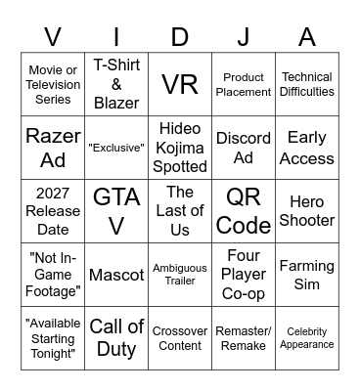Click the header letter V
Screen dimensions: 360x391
(x=53, y=37)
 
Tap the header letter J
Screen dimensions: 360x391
(x=244, y=37)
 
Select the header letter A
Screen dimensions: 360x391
(x=307, y=37)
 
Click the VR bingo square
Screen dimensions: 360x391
(x=180, y=84)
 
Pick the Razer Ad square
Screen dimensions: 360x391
(x=53, y=147)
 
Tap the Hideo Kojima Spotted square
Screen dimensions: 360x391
(x=180, y=147)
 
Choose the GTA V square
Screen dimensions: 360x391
(x=116, y=209)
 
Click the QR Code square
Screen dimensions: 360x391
(x=244, y=209)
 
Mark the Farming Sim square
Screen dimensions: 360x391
(x=307, y=273)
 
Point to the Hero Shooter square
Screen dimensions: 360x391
(x=307, y=209)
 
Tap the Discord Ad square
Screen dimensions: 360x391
(x=244, y=147)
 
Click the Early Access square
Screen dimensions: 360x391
(x=307, y=147)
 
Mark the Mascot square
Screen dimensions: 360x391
(x=116, y=274)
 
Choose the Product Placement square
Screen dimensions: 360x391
(x=244, y=84)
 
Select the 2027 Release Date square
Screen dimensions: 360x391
(x=53, y=209)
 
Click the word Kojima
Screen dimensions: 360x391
(x=180, y=147)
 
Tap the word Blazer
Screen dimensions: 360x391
(x=116, y=102)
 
